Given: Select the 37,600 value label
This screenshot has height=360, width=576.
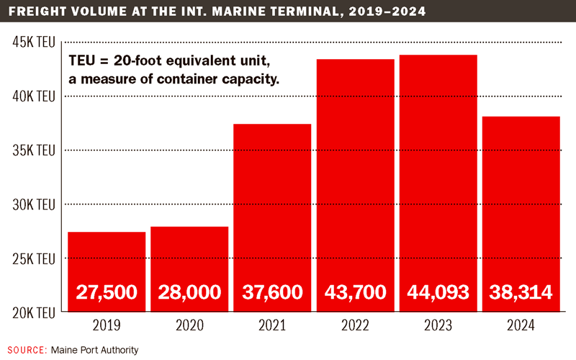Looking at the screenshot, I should [271, 292].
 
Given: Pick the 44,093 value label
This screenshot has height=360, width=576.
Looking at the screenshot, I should [438, 292].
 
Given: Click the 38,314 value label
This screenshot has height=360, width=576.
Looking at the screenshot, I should [521, 292].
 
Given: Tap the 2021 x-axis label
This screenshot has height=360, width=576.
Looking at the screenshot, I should [271, 325].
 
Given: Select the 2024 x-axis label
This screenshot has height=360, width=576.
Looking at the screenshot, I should [521, 325].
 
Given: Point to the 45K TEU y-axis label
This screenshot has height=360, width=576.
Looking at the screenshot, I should [34, 42].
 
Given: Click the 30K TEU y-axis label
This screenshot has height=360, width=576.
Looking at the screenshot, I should [34, 204].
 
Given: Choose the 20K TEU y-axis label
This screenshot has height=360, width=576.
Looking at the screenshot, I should [34, 312].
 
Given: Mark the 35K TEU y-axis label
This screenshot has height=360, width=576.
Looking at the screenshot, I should [34, 150].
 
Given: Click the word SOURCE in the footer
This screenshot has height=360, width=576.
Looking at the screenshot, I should [27, 349].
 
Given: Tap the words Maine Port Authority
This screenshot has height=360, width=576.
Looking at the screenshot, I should [94, 349].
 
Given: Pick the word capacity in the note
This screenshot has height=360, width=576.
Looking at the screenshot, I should [251, 78].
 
